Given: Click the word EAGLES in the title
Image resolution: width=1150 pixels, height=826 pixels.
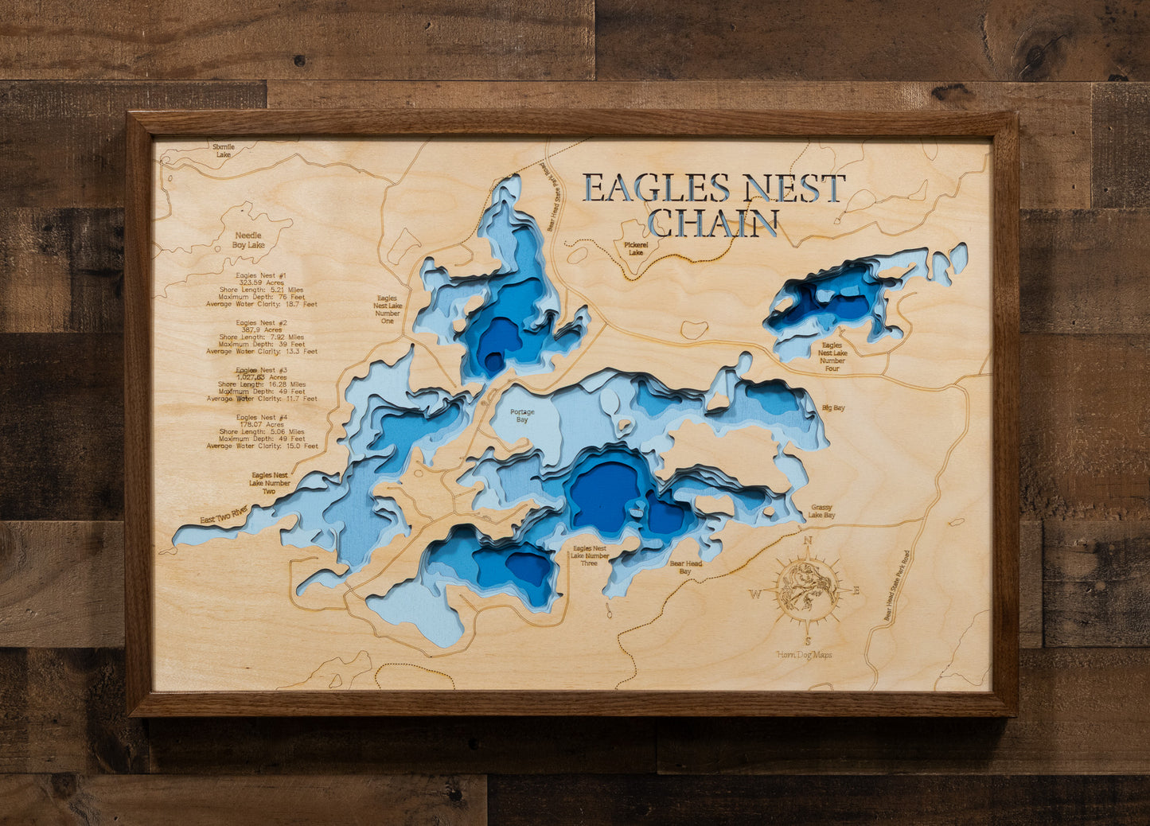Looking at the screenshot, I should click(x=656, y=188).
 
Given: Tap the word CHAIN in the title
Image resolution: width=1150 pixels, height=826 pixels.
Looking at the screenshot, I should click(x=712, y=224).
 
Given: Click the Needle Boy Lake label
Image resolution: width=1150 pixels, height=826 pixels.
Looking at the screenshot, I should click(x=248, y=240).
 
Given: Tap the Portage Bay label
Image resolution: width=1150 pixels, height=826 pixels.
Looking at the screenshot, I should click(x=522, y=415).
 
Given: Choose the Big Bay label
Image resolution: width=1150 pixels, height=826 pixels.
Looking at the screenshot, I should click(x=833, y=408).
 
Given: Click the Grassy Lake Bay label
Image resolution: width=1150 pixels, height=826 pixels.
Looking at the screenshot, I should click(x=823, y=511).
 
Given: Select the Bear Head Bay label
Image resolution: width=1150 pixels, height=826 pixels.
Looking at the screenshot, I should click(x=685, y=567).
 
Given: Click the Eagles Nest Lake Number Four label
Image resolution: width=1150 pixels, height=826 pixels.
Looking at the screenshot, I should click(x=832, y=353).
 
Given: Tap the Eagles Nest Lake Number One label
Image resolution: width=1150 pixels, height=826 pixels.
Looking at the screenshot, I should click(x=388, y=310).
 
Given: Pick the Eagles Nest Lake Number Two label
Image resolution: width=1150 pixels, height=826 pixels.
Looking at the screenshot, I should click(x=269, y=483).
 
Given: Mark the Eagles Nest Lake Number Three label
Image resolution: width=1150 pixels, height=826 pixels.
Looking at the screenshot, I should click(x=589, y=555).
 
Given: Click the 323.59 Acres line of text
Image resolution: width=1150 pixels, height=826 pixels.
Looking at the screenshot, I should click(x=261, y=282).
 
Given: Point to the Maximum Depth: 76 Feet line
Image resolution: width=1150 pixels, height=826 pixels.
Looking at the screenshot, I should click(x=262, y=297).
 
